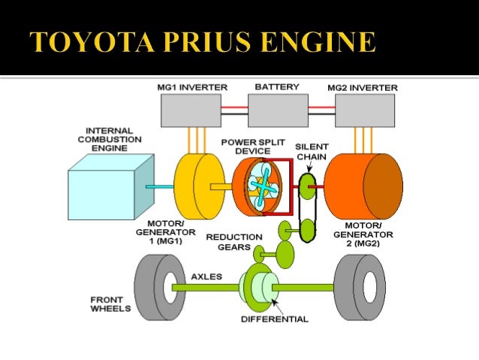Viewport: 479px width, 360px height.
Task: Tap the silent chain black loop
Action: pos(306,207)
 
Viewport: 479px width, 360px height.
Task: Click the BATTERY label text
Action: pos(277,87)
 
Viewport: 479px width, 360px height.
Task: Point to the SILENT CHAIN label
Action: pos(312,152)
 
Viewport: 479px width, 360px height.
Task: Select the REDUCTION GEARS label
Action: pos(235,243)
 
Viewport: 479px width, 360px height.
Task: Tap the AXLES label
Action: pos(206,277)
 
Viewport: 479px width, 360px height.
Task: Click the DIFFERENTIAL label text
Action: pos(275,319)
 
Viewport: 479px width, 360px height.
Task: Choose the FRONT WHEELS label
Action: pos(110,304)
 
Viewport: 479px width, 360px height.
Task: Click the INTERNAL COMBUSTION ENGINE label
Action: pos(110,139)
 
